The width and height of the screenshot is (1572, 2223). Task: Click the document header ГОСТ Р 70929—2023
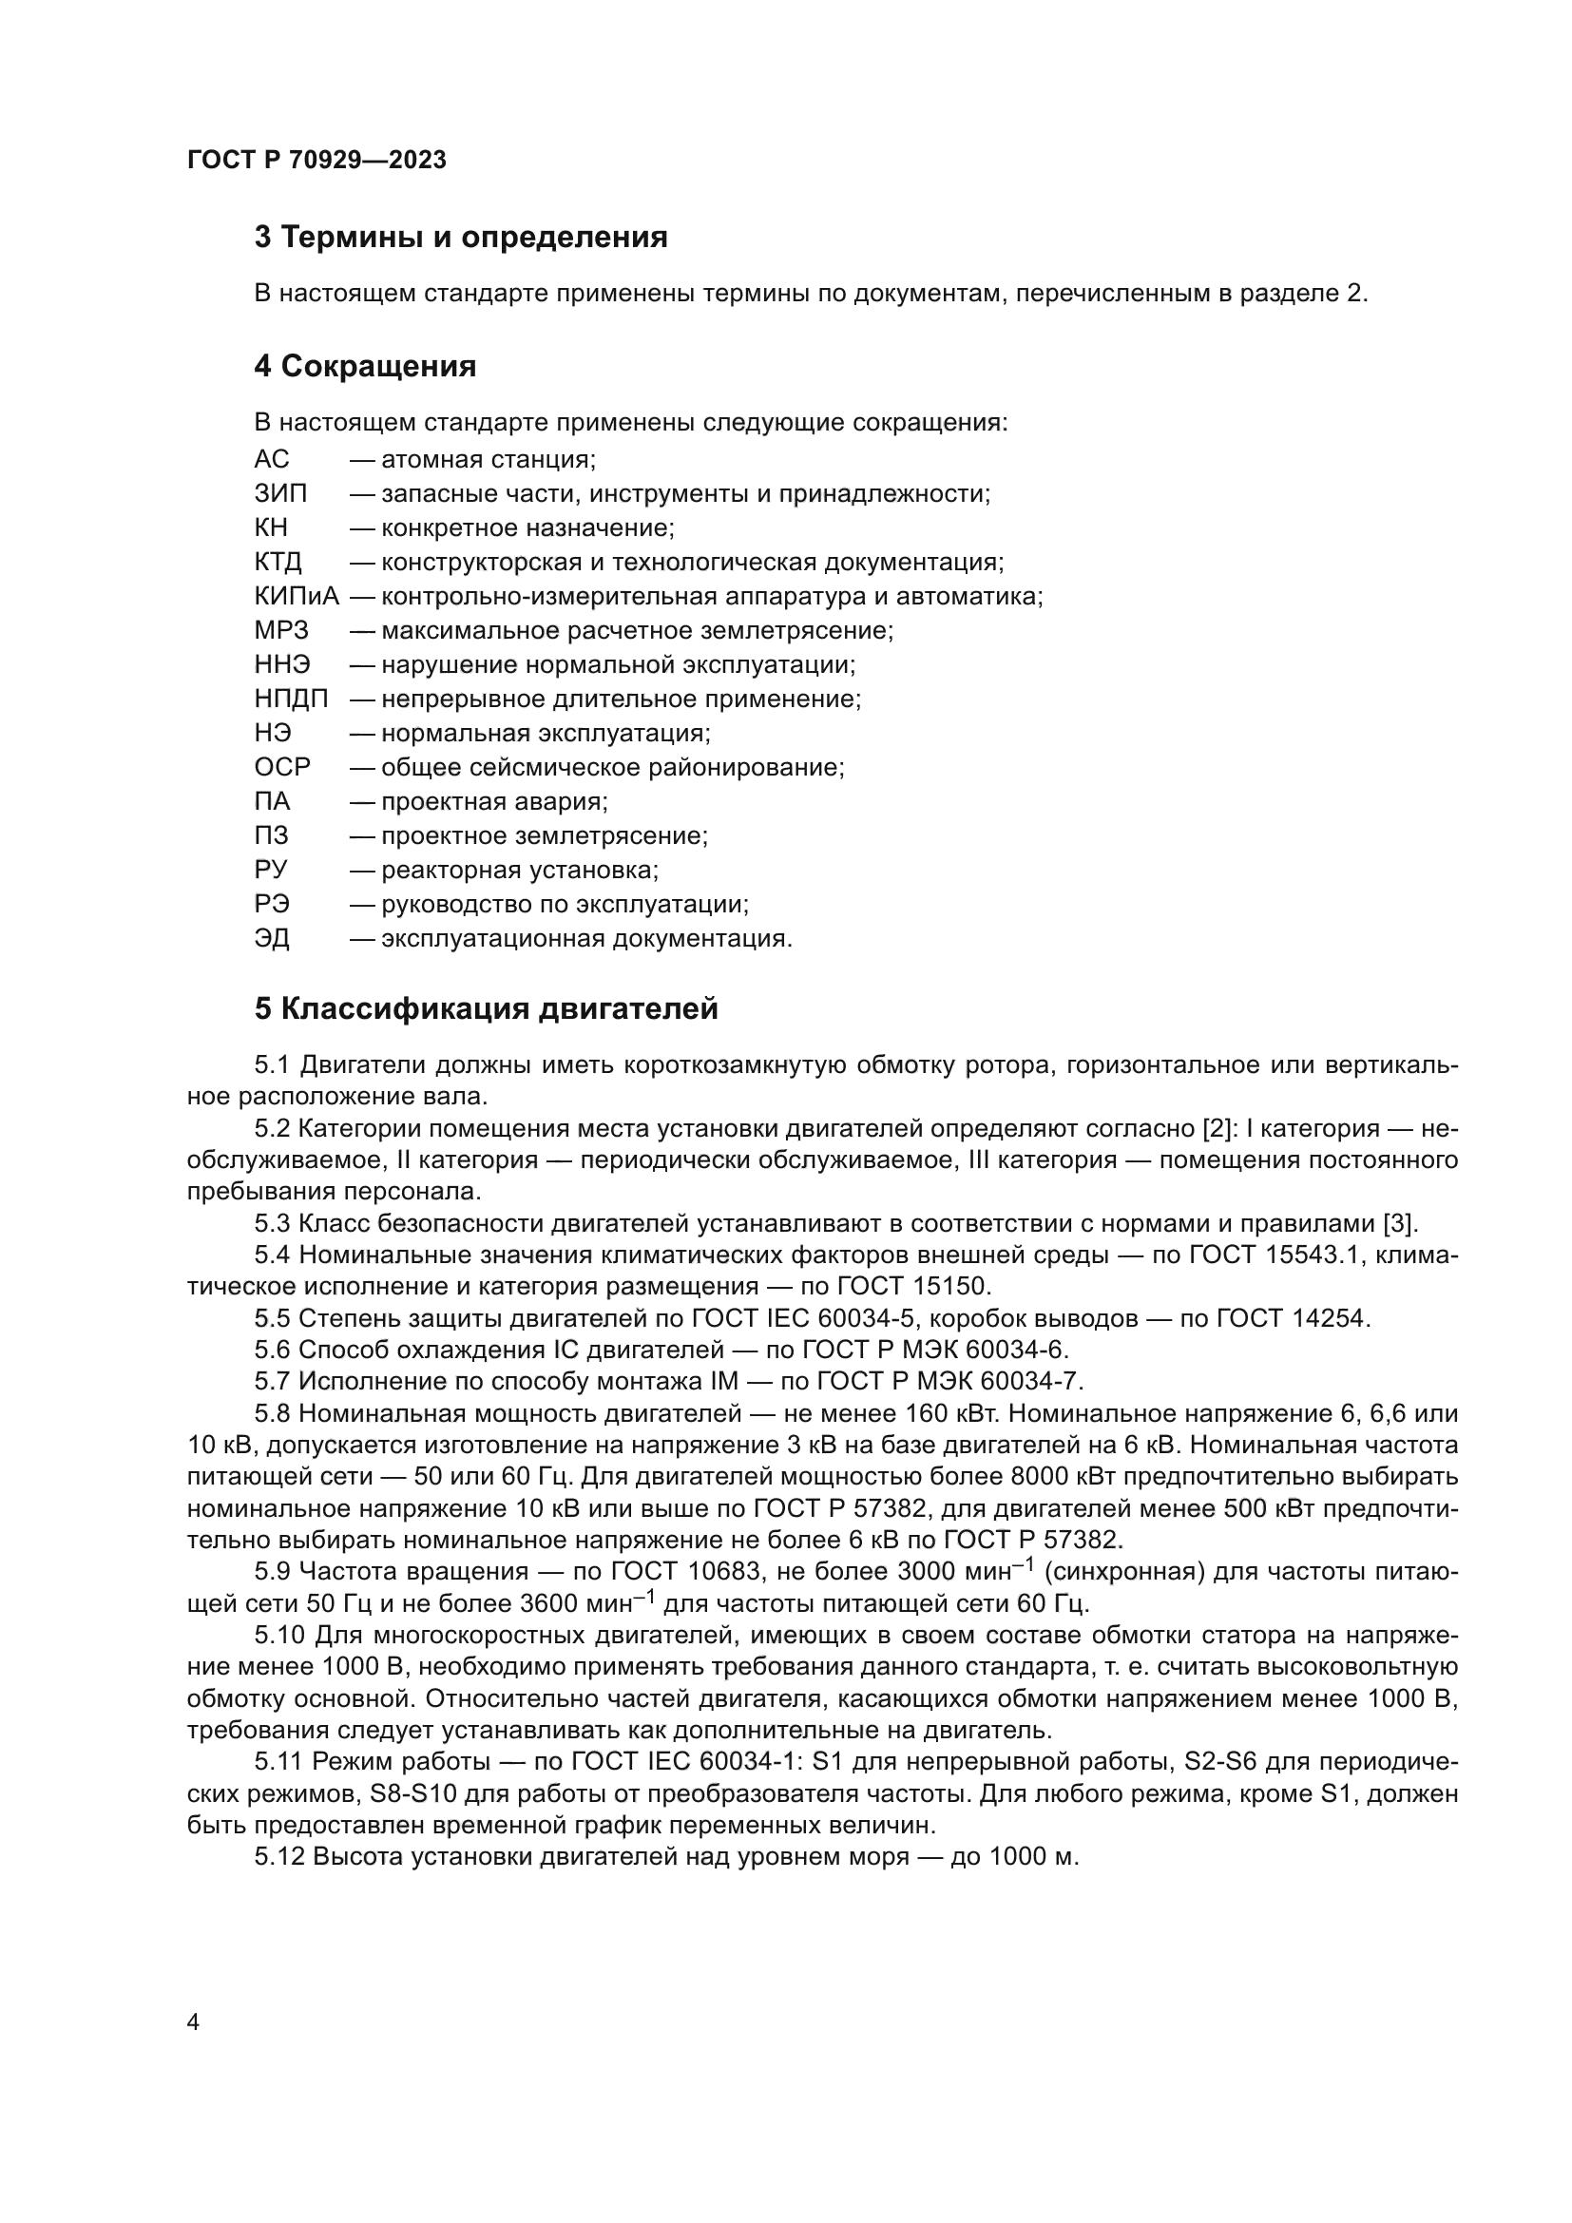[x=316, y=160]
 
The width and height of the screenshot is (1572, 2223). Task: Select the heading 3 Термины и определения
[x=461, y=238]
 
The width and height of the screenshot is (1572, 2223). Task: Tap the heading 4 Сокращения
[x=365, y=366]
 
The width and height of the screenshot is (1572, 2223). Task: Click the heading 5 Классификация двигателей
[x=486, y=1009]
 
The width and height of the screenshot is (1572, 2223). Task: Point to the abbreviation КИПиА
[x=297, y=597]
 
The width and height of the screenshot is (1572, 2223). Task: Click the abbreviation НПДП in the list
[x=291, y=699]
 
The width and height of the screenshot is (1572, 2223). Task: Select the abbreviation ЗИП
[x=279, y=494]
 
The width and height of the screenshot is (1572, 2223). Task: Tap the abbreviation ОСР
[x=281, y=768]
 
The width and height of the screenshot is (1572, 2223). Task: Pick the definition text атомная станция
[x=488, y=459]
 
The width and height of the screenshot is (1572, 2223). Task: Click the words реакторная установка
[x=519, y=871]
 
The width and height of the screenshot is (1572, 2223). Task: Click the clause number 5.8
[x=272, y=1414]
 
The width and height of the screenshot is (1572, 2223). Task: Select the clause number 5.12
[x=278, y=1857]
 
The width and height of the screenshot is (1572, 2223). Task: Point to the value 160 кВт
[x=950, y=1414]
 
